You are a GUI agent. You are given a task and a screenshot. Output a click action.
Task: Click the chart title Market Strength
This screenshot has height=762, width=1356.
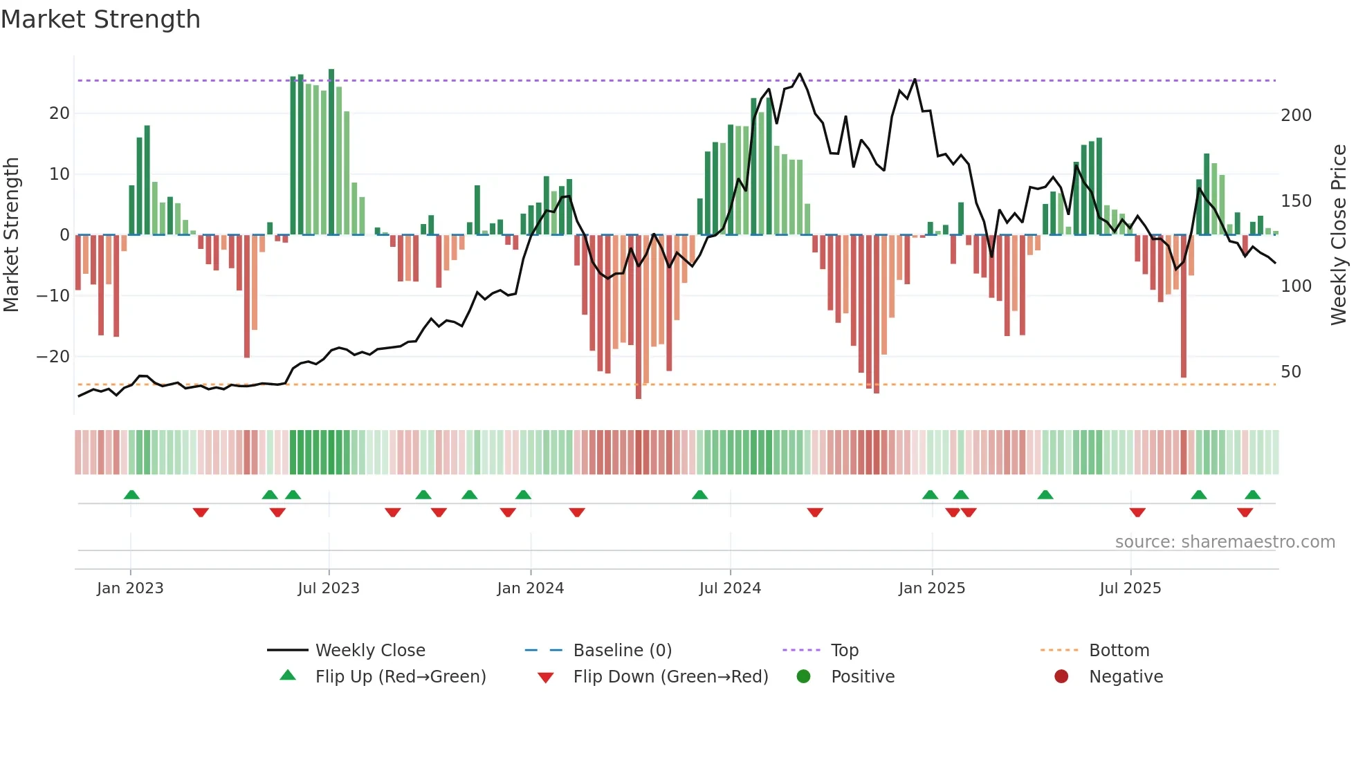click(x=101, y=19)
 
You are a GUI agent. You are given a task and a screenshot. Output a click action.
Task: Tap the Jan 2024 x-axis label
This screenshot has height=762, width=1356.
click(x=530, y=588)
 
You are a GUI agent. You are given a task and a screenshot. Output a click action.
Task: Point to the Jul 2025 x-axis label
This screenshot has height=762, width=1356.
click(x=1130, y=588)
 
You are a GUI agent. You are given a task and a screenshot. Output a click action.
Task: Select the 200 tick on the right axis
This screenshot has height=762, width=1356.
click(x=1296, y=115)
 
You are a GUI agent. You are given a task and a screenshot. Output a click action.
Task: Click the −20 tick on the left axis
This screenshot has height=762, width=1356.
click(x=53, y=357)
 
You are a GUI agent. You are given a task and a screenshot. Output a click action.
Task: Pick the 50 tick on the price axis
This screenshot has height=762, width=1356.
click(x=1291, y=372)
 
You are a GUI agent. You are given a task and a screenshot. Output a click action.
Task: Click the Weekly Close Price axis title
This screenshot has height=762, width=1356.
click(x=1339, y=235)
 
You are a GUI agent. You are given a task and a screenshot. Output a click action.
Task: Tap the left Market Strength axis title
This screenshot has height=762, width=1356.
click(x=11, y=235)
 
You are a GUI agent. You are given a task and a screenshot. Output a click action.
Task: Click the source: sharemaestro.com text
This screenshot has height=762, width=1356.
click(x=1225, y=542)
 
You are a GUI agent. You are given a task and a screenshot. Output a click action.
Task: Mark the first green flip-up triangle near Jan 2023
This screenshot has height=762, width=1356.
click(x=131, y=494)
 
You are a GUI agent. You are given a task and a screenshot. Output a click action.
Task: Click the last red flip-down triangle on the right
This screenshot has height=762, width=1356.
click(x=1245, y=512)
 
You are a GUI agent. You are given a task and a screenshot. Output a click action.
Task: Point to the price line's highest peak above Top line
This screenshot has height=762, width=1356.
click(x=800, y=73)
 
